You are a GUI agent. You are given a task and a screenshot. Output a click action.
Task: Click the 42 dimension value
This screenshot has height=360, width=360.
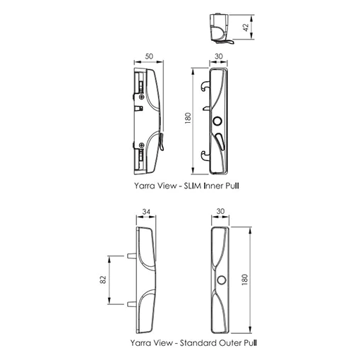click(x=246, y=28)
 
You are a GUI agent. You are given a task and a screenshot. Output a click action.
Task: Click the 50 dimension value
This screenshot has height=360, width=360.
click(x=149, y=56)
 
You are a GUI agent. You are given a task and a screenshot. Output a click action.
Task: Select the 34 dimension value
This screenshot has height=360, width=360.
click(x=146, y=212)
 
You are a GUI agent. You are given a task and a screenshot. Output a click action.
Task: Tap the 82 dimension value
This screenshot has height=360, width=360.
click(x=104, y=280)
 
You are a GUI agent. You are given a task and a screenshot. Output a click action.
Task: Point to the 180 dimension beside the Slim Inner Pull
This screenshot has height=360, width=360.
click(x=188, y=119)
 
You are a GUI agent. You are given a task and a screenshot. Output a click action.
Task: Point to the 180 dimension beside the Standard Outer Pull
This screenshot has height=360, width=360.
click(x=245, y=280)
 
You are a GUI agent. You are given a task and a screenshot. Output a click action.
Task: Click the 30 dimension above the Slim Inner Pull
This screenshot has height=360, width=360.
click(x=219, y=56)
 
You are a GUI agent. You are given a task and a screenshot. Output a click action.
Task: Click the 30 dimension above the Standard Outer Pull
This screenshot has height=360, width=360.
click(x=220, y=211)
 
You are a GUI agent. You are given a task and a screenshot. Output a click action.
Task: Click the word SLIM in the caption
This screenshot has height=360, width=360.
click(x=193, y=186)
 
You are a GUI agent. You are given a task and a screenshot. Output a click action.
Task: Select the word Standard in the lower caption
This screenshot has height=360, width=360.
click(x=198, y=343)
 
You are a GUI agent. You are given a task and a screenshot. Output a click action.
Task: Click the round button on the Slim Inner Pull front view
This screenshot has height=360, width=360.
click(x=217, y=121)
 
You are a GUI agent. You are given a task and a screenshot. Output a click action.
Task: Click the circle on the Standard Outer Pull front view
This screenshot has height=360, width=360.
click(x=221, y=280)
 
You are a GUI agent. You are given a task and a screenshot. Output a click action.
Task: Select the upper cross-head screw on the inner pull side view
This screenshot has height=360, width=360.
click(x=141, y=97)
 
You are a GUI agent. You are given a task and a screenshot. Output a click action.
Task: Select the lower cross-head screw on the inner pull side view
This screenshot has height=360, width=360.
click(x=141, y=145)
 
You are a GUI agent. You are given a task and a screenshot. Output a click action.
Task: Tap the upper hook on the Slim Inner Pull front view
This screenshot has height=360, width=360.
click(x=205, y=86)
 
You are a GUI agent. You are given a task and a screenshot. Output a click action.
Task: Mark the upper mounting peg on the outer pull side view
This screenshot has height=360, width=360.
click(x=132, y=256)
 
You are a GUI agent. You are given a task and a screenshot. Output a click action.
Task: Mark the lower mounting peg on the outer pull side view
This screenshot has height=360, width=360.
click(x=132, y=304)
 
